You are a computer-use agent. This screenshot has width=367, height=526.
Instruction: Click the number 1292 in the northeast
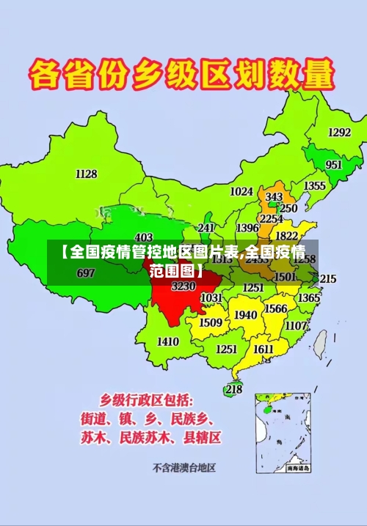coord(339,133)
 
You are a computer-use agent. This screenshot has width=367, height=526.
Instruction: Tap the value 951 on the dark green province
coord(334,165)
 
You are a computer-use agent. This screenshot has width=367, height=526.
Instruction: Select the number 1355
coord(315,186)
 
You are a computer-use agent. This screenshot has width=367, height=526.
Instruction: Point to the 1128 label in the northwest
coord(86,174)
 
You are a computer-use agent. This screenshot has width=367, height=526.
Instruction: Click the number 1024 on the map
coord(241,191)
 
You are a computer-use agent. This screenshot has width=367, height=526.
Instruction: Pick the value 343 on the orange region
coord(274,197)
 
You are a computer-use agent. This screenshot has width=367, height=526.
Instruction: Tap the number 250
coord(288,208)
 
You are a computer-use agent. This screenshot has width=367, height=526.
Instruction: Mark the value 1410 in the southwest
coord(168,341)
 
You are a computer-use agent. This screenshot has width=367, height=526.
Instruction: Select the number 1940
coord(245,315)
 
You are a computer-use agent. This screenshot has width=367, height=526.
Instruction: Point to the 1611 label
coord(264,349)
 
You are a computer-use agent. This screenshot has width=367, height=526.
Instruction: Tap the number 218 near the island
coord(233,389)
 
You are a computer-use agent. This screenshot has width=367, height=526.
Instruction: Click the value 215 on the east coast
coord(328,279)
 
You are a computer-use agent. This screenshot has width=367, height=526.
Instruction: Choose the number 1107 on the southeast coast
coord(296,325)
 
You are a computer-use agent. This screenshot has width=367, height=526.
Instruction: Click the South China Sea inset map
coord(283,433)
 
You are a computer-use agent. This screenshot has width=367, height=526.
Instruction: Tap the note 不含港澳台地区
coord(183,467)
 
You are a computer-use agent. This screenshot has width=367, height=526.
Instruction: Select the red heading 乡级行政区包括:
coord(147,400)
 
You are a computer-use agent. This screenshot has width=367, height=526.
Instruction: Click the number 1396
coord(247,229)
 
